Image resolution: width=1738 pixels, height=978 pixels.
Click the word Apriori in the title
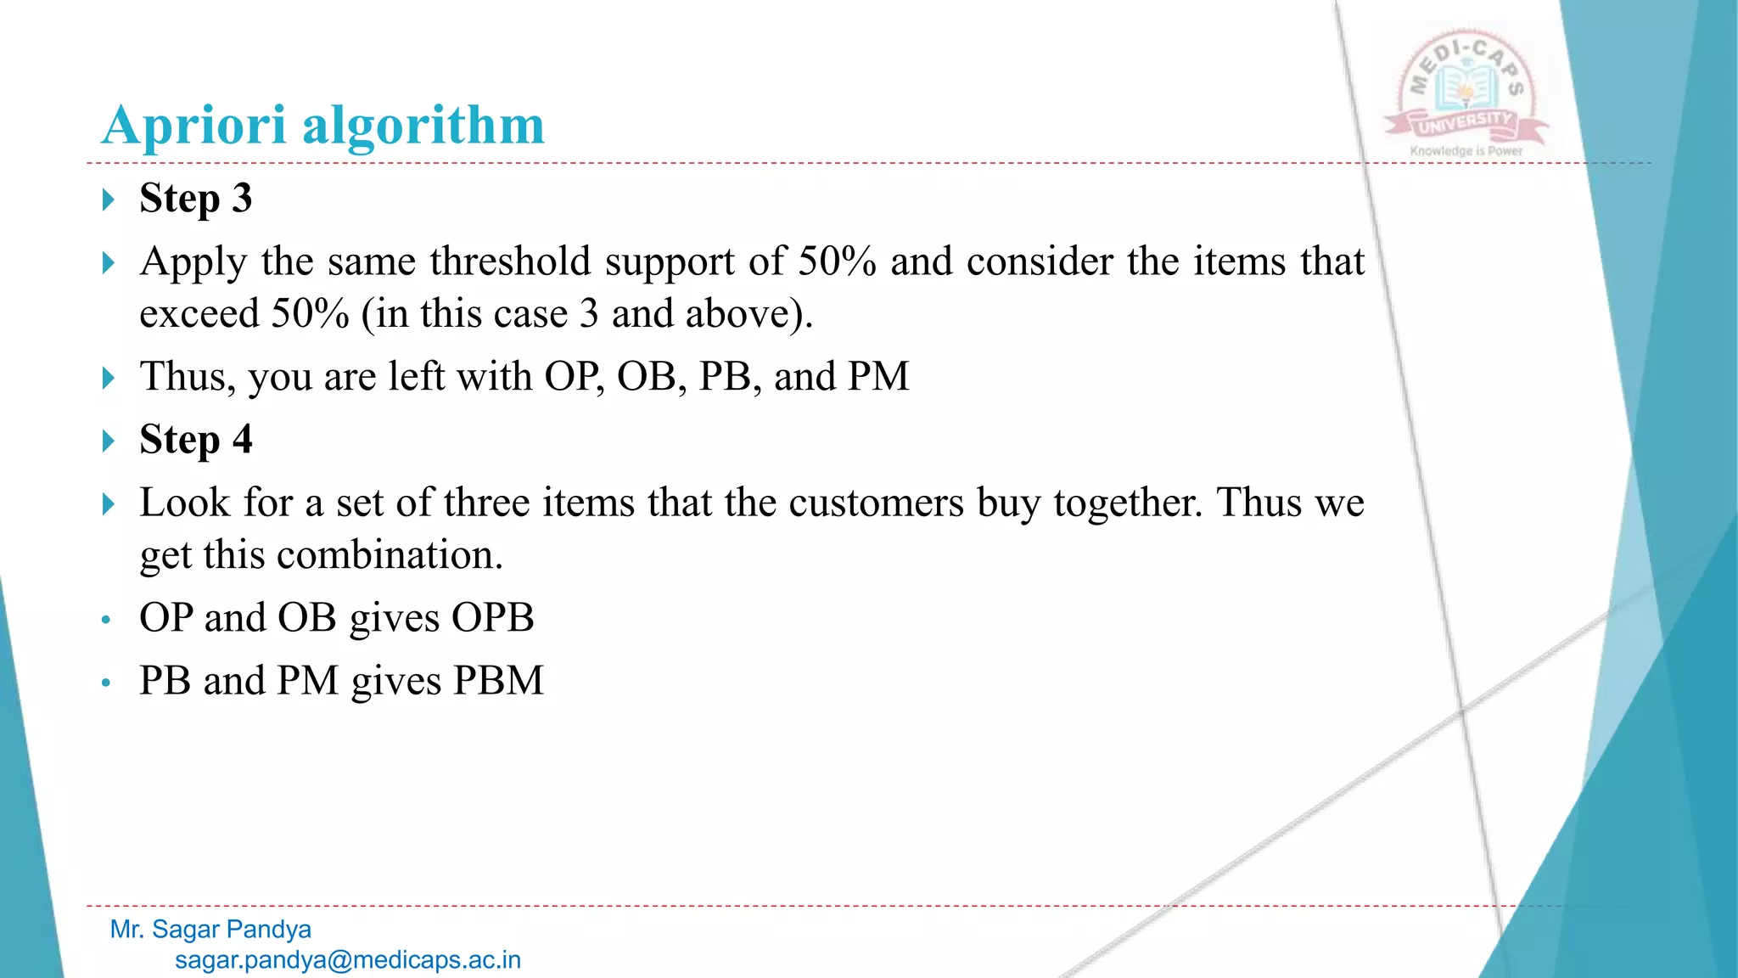[x=193, y=126]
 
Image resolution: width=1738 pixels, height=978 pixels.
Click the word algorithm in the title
[x=423, y=126]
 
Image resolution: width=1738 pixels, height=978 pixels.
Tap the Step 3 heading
[x=195, y=199]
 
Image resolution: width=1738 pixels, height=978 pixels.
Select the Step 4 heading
[x=195, y=440]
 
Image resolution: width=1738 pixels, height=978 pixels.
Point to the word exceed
[x=199, y=314]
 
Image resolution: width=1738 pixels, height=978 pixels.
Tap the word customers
[x=876, y=503]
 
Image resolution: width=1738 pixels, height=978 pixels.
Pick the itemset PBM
[x=498, y=681]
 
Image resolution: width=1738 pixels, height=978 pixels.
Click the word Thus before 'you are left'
[x=188, y=377]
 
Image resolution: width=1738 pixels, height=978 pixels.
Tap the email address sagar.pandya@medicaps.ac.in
[x=348, y=960]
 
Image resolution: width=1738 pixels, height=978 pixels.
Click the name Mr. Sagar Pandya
[x=210, y=930]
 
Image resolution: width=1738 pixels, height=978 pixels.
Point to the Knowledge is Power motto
[x=1466, y=151]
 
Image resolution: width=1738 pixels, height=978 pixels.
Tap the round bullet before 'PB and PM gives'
[x=105, y=683]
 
